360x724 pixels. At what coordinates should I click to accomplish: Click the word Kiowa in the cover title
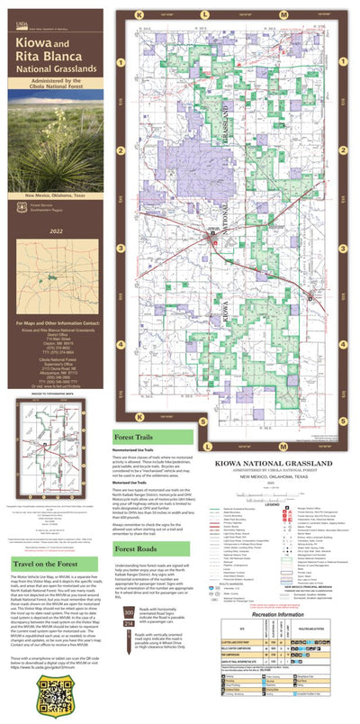coord(37,41)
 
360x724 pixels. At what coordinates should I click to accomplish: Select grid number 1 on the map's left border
coord(120,61)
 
